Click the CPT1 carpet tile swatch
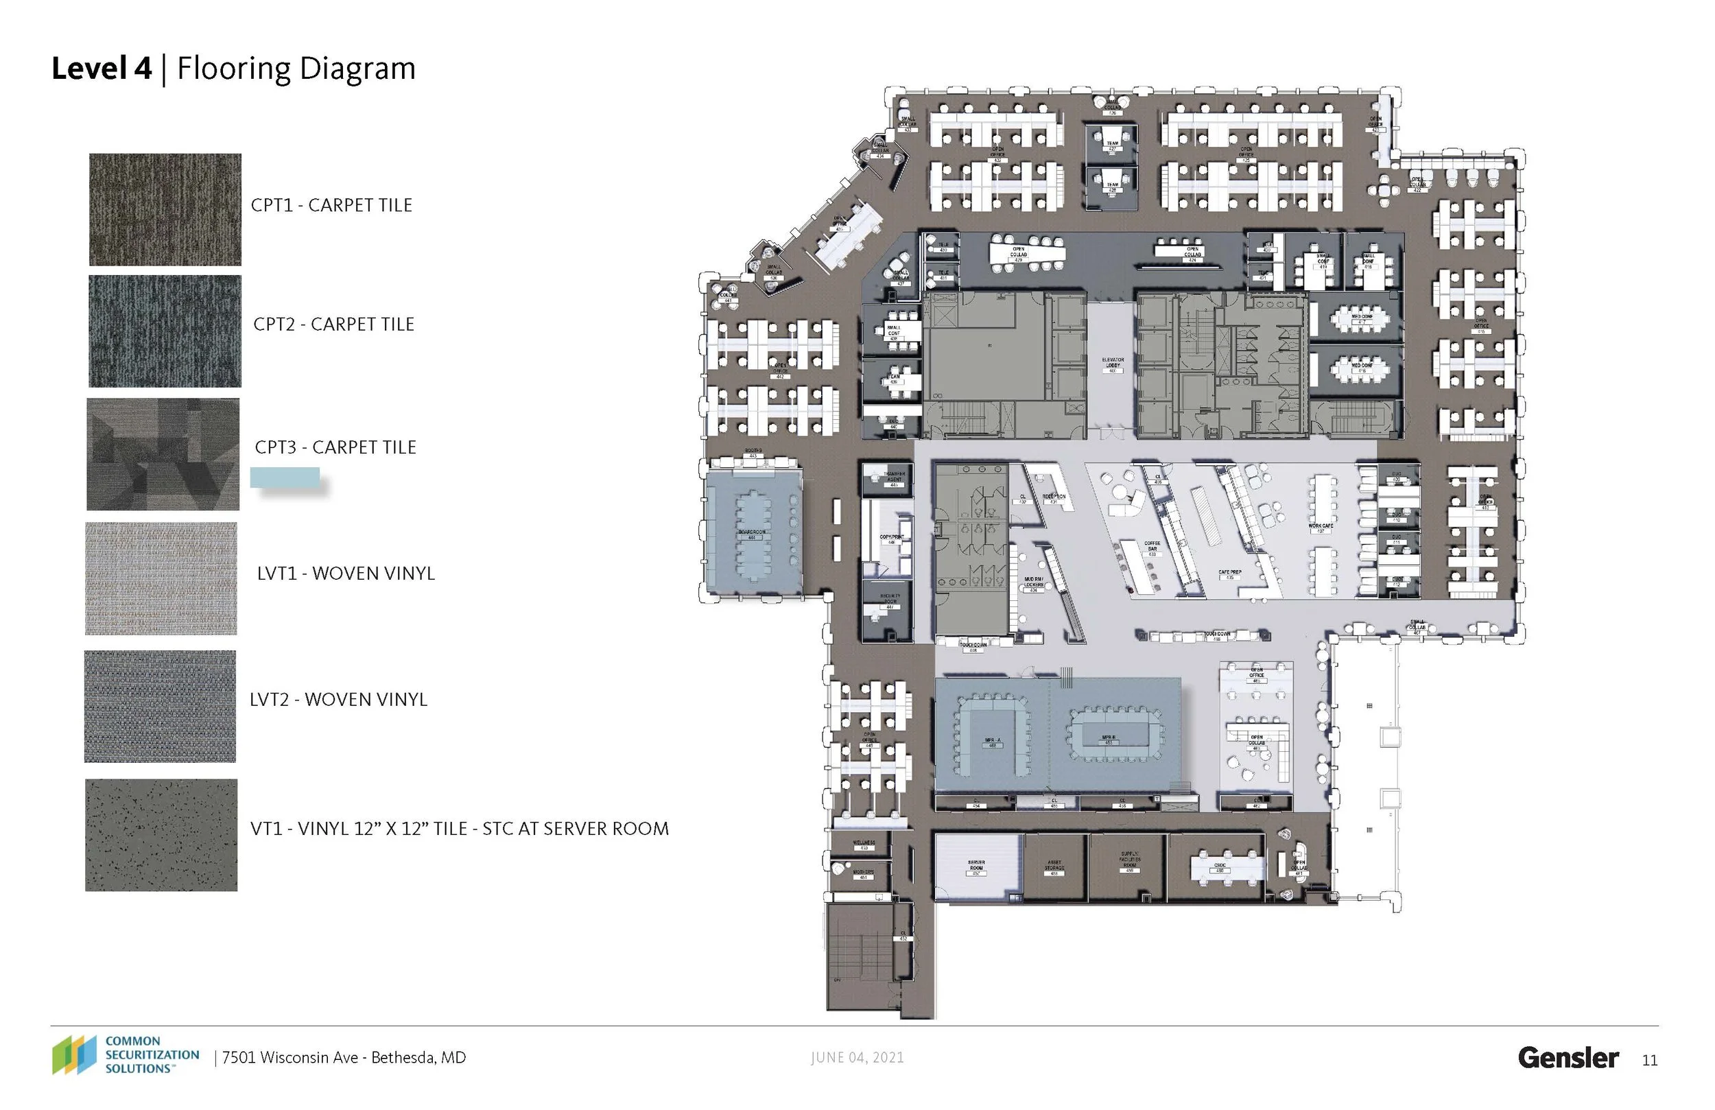tap(165, 209)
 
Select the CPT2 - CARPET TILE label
tap(333, 324)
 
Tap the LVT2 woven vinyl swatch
tap(160, 707)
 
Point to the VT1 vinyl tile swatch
tap(161, 835)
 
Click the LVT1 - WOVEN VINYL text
tap(346, 574)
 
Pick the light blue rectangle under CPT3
tap(285, 477)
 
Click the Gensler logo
tap(1568, 1057)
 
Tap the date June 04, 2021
tap(857, 1057)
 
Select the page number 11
tap(1649, 1061)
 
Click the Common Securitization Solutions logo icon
tap(73, 1054)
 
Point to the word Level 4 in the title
tap(102, 69)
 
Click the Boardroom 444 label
tap(752, 533)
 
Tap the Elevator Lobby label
tap(1113, 362)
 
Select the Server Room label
tap(976, 865)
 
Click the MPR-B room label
tap(1109, 739)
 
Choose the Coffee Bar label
tap(1152, 547)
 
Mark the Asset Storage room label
tap(1054, 866)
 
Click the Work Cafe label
tap(1321, 527)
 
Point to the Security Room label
tap(890, 599)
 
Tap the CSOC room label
tap(1220, 867)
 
